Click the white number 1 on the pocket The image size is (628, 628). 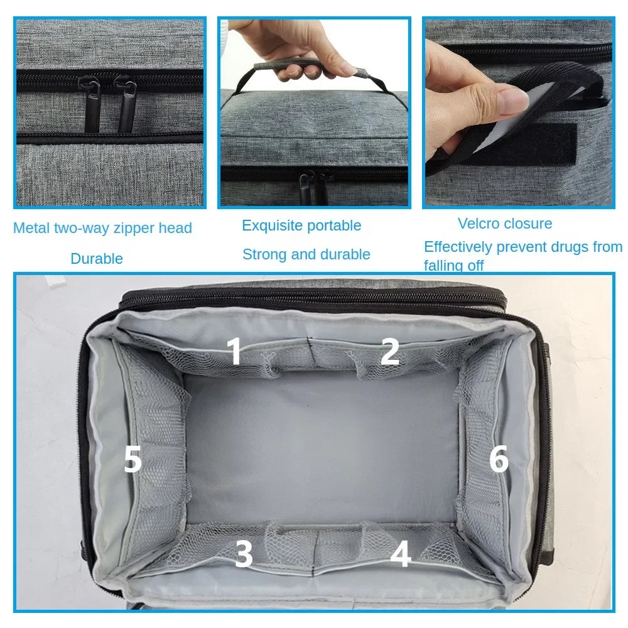234,352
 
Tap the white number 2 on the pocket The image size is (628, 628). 389,352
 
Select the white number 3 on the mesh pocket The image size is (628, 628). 244,555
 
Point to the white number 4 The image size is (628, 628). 400,555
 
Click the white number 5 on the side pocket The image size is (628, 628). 133,461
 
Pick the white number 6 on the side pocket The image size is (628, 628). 499,460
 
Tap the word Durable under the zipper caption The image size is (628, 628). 97,258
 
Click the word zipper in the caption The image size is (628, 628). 131,228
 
